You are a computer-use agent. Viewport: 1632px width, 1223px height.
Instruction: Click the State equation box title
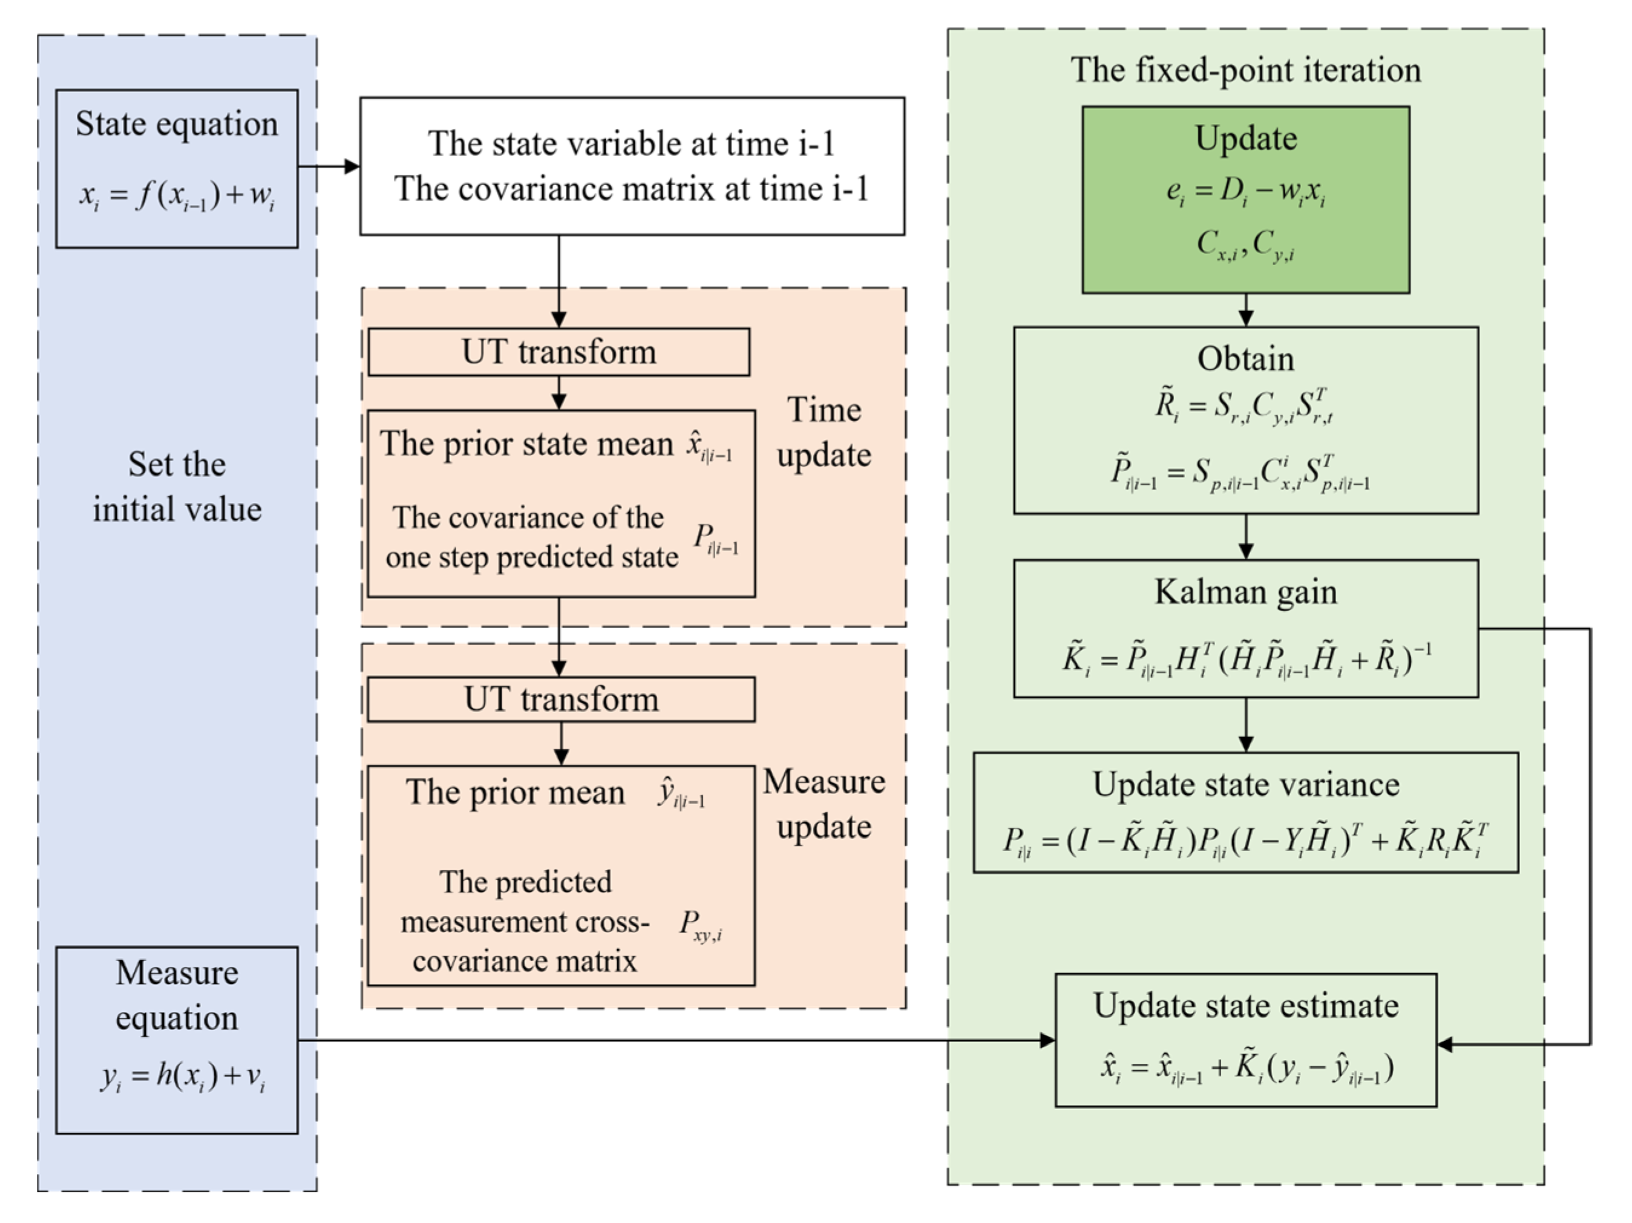tap(177, 124)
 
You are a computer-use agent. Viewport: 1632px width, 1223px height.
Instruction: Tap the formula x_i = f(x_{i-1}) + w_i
tap(177, 195)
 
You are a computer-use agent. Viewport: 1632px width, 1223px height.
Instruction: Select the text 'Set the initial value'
tap(177, 487)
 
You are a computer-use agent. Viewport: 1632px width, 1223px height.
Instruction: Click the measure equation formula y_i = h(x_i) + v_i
tap(183, 1077)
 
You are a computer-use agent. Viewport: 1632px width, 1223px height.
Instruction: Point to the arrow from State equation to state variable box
tap(329, 166)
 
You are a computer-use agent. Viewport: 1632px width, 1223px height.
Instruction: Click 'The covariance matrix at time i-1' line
tap(632, 189)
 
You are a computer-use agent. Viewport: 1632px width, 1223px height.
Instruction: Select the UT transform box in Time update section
tap(559, 352)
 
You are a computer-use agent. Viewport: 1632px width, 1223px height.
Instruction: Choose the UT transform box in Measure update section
tap(561, 700)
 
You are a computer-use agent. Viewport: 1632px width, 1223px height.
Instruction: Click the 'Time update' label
tap(824, 432)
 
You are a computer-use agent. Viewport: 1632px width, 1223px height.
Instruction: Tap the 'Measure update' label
tap(824, 804)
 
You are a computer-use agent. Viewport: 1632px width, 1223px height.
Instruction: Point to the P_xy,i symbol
tap(700, 925)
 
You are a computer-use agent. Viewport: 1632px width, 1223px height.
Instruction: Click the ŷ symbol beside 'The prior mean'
tap(680, 794)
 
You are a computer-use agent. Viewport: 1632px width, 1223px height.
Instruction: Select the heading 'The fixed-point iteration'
tap(1245, 71)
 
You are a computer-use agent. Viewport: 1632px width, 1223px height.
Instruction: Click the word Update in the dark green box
tap(1245, 139)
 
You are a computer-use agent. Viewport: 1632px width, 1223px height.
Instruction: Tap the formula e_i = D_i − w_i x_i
tap(1245, 192)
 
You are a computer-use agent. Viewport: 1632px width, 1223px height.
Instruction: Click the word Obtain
tap(1245, 359)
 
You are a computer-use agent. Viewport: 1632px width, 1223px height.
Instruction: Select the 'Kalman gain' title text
tap(1245, 592)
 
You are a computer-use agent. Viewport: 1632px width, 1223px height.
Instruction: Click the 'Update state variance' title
tap(1245, 784)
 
